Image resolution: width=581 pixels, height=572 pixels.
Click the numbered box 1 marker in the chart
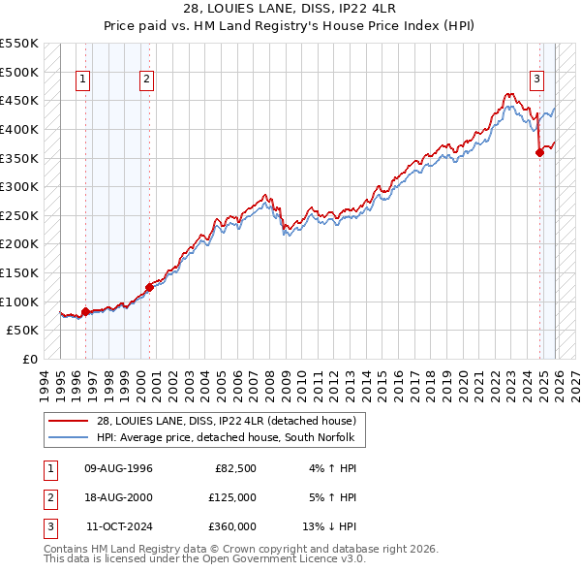click(x=82, y=80)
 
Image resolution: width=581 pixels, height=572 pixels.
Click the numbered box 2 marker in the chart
click(x=146, y=80)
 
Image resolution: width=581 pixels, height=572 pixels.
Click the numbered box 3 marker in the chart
click(x=536, y=80)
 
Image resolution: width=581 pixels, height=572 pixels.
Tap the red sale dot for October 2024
click(x=539, y=151)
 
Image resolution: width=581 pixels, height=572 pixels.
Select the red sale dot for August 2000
click(x=150, y=286)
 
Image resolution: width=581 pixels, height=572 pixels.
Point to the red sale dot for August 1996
click(x=85, y=311)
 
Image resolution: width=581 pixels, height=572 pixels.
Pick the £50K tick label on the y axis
click(x=23, y=330)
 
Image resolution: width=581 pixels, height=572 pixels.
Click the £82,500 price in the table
click(x=235, y=468)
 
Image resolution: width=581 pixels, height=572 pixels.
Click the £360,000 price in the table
click(x=232, y=526)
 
